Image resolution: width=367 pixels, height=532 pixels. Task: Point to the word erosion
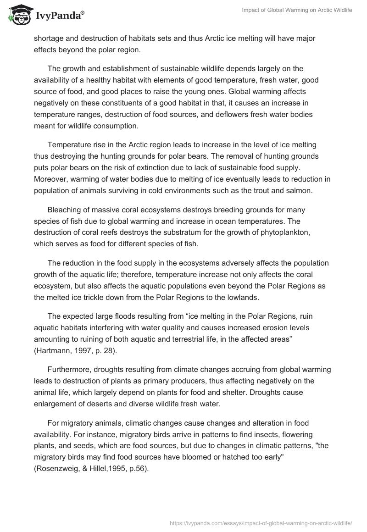tap(264, 327)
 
